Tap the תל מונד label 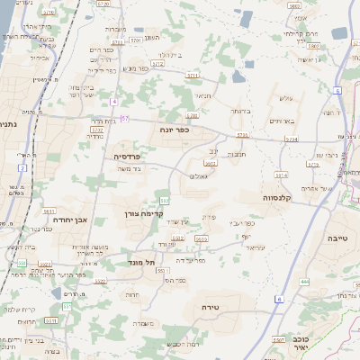(x=142, y=261)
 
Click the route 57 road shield (x=125, y=118)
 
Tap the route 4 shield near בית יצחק (x=114, y=102)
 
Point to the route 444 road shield (x=304, y=281)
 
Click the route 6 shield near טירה (x=279, y=298)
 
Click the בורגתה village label (x=238, y=111)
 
